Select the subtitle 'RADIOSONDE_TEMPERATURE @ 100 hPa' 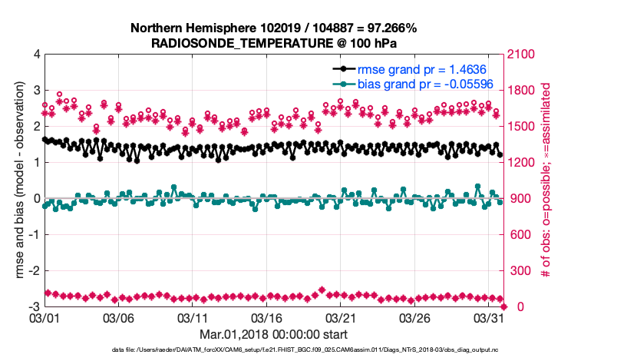click(274, 43)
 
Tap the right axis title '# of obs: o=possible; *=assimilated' click(546, 180)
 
